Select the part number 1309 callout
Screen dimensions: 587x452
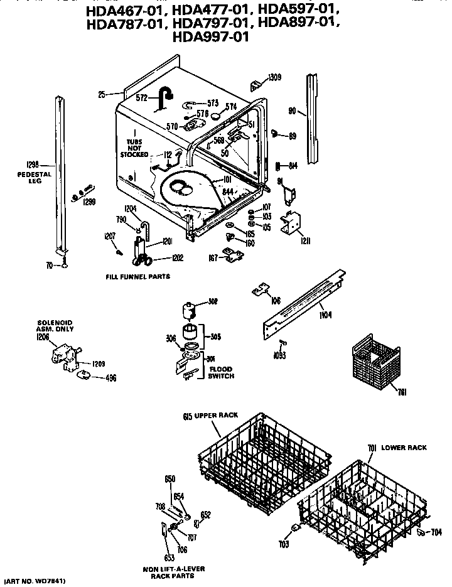(x=274, y=78)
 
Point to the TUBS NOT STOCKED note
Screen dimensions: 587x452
(x=134, y=148)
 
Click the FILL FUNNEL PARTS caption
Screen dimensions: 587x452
(x=137, y=276)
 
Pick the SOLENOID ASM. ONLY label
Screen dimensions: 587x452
(x=55, y=326)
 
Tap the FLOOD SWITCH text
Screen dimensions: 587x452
(x=222, y=373)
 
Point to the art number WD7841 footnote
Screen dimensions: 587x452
(x=35, y=581)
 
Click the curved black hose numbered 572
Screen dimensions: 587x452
(x=166, y=97)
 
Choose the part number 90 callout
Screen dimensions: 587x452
(x=292, y=110)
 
